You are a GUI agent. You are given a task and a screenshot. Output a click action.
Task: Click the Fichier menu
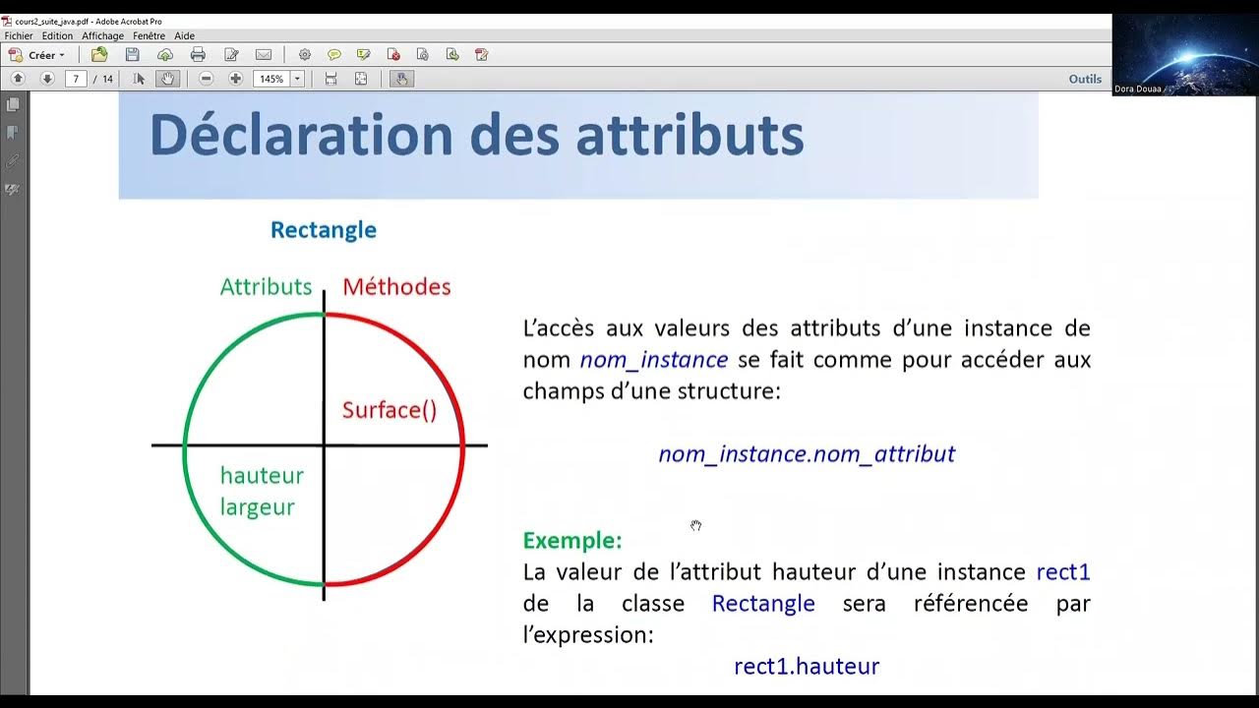click(19, 35)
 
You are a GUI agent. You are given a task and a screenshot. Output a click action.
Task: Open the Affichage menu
click(102, 35)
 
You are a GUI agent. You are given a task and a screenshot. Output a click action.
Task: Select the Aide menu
click(184, 35)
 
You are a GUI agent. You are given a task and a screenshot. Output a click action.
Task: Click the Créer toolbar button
click(37, 55)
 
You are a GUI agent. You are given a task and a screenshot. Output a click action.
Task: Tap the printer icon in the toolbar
click(198, 55)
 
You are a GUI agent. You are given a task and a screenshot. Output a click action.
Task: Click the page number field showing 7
click(76, 79)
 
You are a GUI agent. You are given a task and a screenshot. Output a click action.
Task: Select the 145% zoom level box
click(270, 79)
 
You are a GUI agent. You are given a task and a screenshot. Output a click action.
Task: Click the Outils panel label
click(1085, 79)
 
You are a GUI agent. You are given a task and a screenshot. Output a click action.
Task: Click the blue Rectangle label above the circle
click(324, 230)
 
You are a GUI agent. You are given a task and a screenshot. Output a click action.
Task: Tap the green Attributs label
click(266, 287)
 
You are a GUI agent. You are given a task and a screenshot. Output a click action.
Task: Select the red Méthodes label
click(396, 287)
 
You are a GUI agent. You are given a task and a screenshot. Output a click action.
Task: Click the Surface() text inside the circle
click(390, 410)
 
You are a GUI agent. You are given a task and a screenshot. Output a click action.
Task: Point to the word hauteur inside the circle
click(262, 476)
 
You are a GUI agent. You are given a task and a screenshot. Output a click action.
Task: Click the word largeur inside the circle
click(258, 507)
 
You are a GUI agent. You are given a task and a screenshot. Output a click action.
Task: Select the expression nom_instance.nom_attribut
click(807, 454)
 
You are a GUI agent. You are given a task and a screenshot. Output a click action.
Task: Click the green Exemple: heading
click(571, 540)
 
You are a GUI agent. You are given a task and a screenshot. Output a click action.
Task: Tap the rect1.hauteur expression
click(807, 667)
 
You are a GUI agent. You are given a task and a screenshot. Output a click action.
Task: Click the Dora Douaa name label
click(1137, 88)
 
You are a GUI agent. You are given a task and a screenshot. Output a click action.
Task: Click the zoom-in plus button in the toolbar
click(235, 79)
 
